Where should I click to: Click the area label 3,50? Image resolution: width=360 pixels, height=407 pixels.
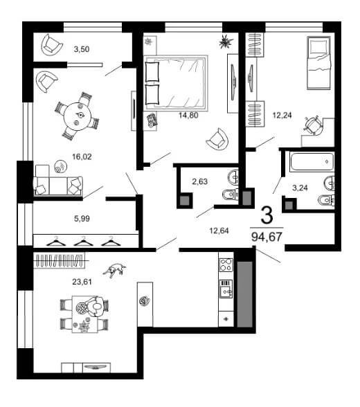[x=82, y=48]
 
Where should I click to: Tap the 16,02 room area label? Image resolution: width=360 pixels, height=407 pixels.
[x=82, y=156]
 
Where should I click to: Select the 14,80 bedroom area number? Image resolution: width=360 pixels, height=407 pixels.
[x=188, y=115]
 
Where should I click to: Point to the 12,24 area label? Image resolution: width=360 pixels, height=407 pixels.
[x=282, y=114]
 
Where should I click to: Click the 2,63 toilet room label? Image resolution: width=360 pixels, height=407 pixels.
[x=199, y=181]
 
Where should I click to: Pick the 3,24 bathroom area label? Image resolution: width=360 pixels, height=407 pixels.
[x=300, y=188]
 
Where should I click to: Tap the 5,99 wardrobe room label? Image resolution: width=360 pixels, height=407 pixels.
[x=82, y=219]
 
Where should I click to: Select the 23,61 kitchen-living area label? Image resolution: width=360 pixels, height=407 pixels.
[x=82, y=282]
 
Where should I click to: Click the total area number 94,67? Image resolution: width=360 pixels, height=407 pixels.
[x=267, y=237]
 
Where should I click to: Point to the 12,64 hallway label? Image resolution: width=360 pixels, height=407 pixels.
[x=219, y=230]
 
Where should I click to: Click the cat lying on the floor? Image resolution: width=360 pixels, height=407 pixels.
[x=114, y=270]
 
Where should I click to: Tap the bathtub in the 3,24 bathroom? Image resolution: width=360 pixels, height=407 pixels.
[x=312, y=162]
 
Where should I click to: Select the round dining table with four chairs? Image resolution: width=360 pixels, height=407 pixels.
[x=77, y=115]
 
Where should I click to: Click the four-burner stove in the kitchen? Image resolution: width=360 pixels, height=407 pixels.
[x=226, y=264]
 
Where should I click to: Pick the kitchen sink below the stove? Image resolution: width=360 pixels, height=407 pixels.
[x=226, y=289]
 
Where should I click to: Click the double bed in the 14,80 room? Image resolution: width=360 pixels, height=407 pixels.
[x=176, y=82]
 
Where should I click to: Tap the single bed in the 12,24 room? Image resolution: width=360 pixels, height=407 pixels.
[x=318, y=63]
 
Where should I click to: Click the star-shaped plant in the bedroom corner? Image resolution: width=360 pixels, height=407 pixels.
[x=226, y=42]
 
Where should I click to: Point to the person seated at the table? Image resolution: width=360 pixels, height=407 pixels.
[x=97, y=307]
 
